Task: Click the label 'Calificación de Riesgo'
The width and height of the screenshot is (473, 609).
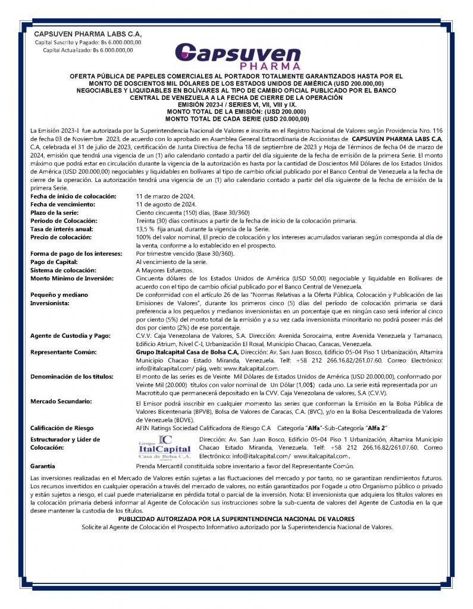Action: click(63, 427)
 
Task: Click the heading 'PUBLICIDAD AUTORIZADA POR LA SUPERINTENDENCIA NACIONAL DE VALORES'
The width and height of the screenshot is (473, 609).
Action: click(236, 519)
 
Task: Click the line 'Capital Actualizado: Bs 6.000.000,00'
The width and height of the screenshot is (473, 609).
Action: click(88, 50)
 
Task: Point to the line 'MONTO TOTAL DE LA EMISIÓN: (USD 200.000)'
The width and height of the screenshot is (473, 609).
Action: click(236, 111)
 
